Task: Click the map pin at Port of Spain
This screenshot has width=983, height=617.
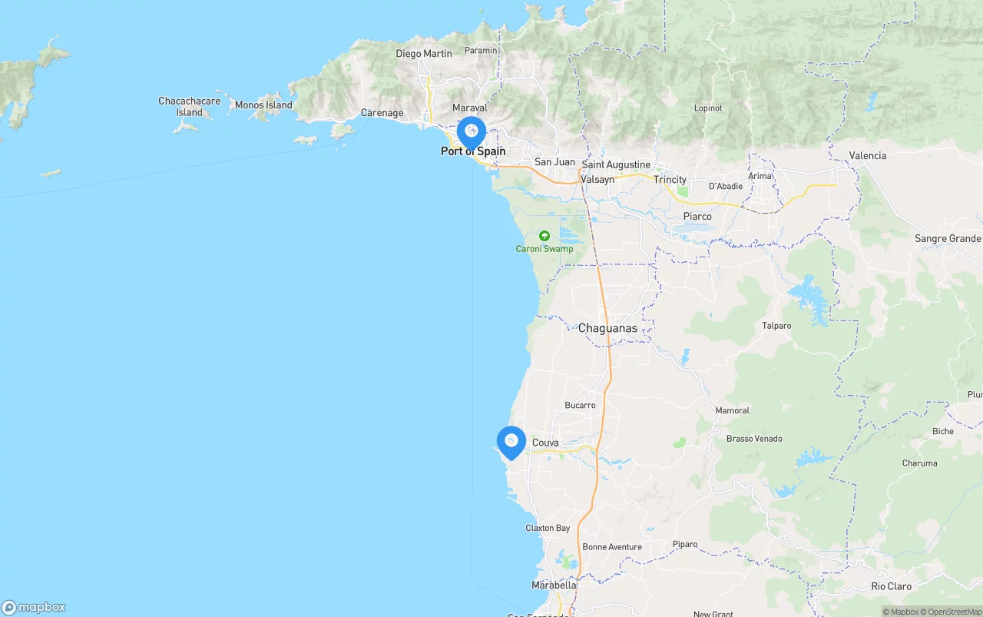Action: coord(472,132)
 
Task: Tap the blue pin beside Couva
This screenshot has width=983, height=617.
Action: coord(511,443)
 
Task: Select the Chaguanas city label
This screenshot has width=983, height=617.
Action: coord(607,328)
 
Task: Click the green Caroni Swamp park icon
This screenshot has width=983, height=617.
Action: coord(544,236)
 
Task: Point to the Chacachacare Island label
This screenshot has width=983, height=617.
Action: coord(189,107)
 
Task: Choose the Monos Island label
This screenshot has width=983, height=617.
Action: coord(263,105)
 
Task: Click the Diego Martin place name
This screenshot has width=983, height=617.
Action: coord(424,54)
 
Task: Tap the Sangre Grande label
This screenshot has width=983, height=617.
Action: coord(948,239)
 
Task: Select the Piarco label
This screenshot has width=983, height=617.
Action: coord(697,217)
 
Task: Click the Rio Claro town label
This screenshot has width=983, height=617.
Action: coord(891,586)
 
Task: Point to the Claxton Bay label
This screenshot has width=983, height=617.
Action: coord(548,528)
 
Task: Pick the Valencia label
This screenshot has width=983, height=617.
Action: coord(867,155)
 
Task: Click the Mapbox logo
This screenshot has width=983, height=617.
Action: coord(34,607)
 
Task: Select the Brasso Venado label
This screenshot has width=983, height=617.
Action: coord(754,439)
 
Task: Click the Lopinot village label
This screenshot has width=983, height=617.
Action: coord(707,108)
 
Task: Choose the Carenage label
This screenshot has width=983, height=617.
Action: coord(382,113)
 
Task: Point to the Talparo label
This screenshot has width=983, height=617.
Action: coord(776,326)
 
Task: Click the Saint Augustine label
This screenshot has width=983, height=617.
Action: coord(616,164)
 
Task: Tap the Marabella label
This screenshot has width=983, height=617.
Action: coord(554,585)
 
